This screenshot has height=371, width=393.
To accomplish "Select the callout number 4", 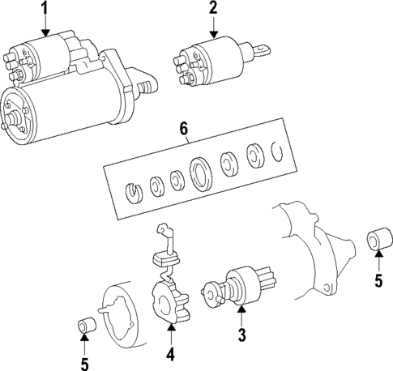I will pos(170,354).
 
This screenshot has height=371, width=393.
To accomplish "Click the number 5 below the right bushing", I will pos(377,283).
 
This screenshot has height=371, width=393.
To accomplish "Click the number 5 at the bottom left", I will pos(85,362).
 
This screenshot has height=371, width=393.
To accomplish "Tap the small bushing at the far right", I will pos(377,241).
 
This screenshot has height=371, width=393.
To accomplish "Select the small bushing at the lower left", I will pos(86,327).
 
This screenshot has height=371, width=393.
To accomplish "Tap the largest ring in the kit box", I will pos(199,173).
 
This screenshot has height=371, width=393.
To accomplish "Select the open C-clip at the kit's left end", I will pos(135,192).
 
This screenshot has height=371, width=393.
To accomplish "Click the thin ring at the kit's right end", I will pos(277,151).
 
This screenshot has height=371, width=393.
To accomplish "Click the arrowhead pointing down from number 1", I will pos(45,32).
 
